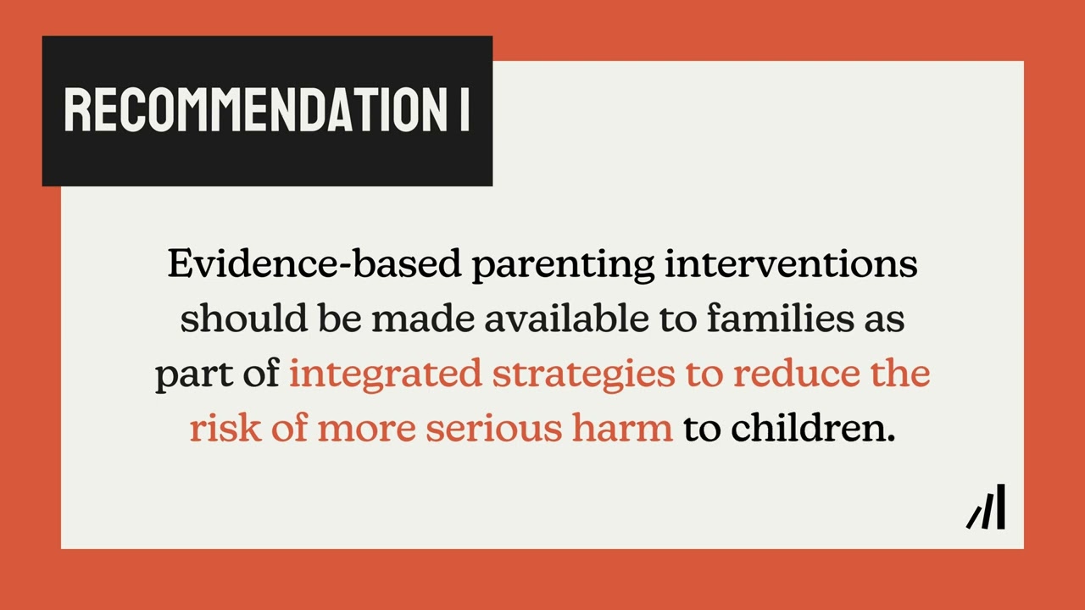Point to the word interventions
[791, 264]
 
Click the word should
[244, 319]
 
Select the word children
[812, 429]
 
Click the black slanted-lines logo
[986, 507]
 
